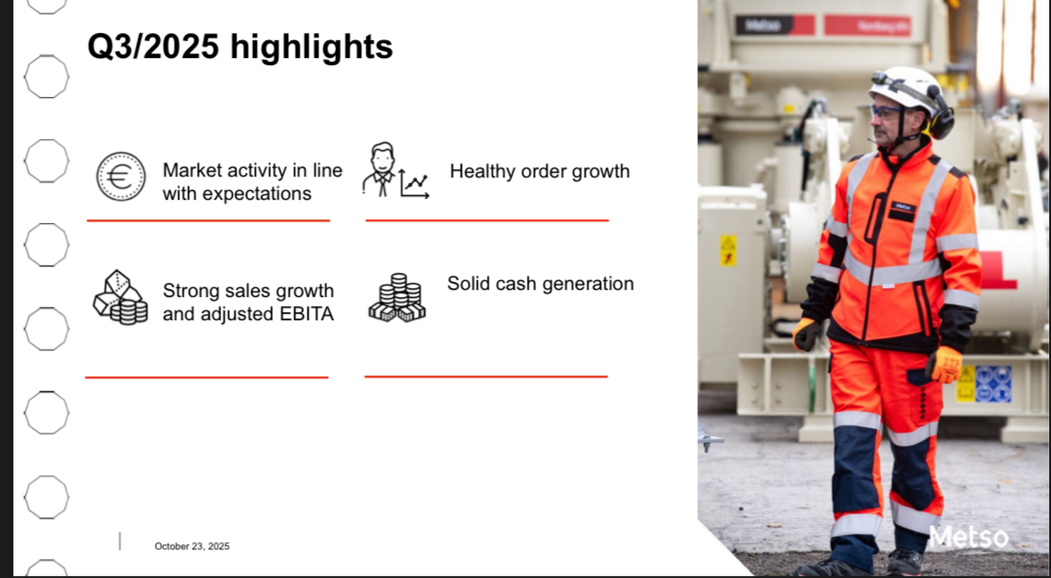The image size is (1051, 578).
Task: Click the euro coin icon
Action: pos(120,177)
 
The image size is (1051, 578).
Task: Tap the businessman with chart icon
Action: pos(396,170)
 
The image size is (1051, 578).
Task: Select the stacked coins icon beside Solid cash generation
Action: pos(398,298)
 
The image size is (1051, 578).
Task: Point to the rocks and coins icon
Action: pos(120,298)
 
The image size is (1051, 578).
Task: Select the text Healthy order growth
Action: pos(539,171)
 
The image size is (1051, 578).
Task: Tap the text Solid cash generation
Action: pos(540,285)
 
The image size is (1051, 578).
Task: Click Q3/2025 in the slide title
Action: pos(153,47)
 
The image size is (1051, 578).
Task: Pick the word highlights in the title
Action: pos(312,47)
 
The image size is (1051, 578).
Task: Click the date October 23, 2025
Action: pos(193,547)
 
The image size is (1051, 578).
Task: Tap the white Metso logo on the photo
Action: pos(969,537)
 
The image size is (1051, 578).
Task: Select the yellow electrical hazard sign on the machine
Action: pos(728,251)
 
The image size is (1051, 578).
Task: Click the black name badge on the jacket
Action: pos(901,210)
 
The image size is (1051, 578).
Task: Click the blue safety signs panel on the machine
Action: pos(993,384)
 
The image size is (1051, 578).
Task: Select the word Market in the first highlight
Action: pos(192,170)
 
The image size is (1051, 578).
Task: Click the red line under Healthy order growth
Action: pos(488,220)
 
